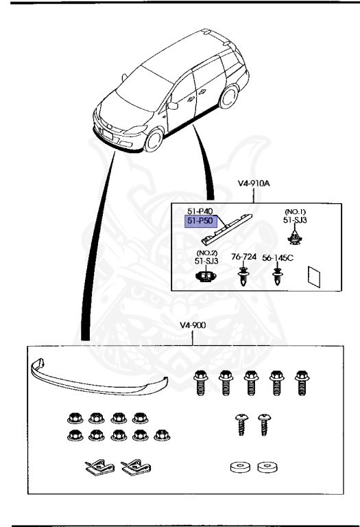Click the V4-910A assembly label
tap(254, 183)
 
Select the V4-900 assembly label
tap(193, 325)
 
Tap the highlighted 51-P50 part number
tap(200, 221)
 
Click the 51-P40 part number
tap(200, 211)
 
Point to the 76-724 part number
tap(243, 257)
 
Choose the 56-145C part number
tap(278, 258)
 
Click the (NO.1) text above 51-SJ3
tap(295, 212)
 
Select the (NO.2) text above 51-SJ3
tap(206, 253)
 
